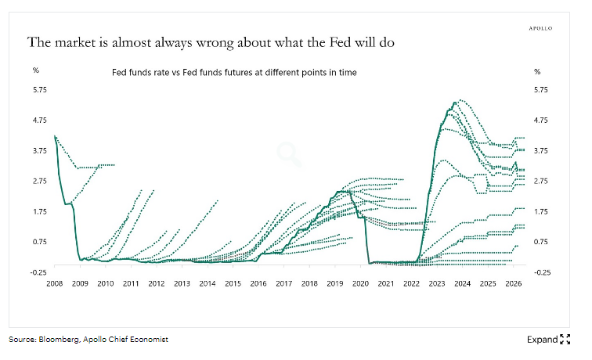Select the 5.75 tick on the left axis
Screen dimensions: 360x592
(x=39, y=90)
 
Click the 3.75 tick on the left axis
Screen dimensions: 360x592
(x=39, y=150)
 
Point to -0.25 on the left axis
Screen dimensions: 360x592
(x=38, y=272)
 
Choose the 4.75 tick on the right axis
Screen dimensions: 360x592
(x=542, y=120)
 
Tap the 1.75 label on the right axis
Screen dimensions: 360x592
(x=542, y=211)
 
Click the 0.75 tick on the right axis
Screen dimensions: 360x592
(x=542, y=241)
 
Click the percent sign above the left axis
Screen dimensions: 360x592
(x=35, y=71)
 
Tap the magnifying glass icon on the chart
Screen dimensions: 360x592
(x=291, y=153)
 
